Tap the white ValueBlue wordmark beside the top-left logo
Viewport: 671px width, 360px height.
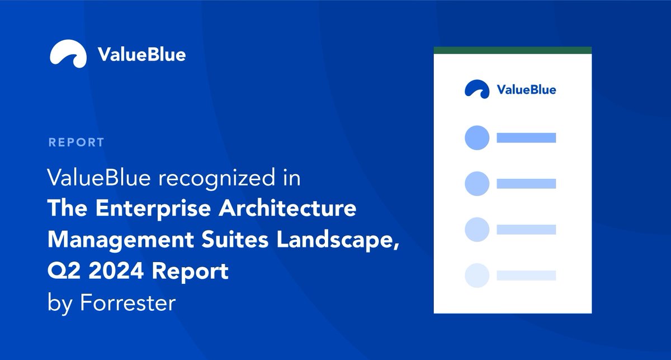coord(141,55)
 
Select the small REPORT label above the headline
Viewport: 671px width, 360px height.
coord(76,142)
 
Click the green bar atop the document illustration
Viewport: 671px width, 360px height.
coord(513,50)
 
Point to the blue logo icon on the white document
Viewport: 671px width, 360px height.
coord(477,89)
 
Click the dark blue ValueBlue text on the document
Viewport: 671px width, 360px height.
coord(526,89)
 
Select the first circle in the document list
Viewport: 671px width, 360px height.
coord(477,138)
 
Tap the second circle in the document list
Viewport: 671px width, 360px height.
coord(477,183)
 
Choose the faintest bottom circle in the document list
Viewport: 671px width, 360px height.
coord(477,275)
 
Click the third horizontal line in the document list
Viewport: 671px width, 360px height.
coord(526,229)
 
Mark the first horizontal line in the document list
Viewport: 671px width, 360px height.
coord(526,138)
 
